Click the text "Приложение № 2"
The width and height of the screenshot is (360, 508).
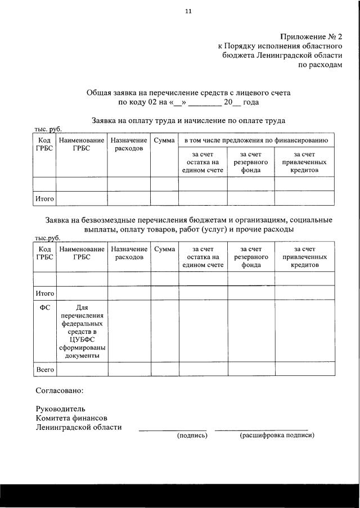pyautogui.click(x=310, y=37)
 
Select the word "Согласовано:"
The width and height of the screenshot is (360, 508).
pyautogui.click(x=59, y=389)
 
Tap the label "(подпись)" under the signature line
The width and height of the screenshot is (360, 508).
pyautogui.click(x=192, y=435)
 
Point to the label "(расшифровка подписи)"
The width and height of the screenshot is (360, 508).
pyautogui.click(x=277, y=435)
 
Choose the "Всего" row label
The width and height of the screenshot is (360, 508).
pyautogui.click(x=45, y=370)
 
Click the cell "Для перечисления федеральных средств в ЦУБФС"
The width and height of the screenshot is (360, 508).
pyautogui.click(x=82, y=331)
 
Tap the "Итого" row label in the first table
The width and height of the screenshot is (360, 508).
pyautogui.click(x=45, y=198)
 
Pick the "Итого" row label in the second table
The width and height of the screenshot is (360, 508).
pyautogui.click(x=45, y=293)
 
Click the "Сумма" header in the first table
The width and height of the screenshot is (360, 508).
pyautogui.click(x=164, y=140)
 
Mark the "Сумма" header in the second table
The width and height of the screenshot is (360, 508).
pyautogui.click(x=164, y=248)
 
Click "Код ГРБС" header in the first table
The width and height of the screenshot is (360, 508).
pyautogui.click(x=45, y=144)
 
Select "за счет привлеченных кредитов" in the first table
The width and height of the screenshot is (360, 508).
pyautogui.click(x=304, y=162)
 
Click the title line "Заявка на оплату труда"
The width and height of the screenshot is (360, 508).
pyautogui.click(x=188, y=120)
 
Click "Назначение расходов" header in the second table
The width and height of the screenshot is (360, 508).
pyautogui.click(x=129, y=252)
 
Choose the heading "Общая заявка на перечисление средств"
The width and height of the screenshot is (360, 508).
pyautogui.click(x=188, y=92)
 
